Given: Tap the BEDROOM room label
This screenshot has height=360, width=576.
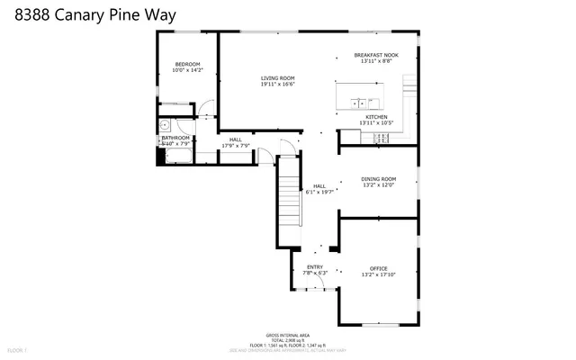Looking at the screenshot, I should pos(187,64).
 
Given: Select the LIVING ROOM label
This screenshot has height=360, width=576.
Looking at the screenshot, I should pos(277,78).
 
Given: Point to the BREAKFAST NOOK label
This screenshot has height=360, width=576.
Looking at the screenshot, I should pos(376,56).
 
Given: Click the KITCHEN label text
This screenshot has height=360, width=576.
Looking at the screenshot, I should pos(376,117).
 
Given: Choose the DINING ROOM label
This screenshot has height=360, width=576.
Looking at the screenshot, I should pos(379,179).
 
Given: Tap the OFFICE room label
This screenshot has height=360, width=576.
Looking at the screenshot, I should pos(378,268).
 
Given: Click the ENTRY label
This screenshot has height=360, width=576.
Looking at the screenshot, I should pos(315,267).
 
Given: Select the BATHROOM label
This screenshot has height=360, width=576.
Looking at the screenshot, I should pos(175,138).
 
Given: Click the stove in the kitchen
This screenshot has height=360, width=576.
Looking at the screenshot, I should pos(380,137).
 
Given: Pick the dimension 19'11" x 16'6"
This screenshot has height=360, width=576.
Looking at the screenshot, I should pos(277,85).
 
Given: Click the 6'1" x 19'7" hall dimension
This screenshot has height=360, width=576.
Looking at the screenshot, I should pos(319,192).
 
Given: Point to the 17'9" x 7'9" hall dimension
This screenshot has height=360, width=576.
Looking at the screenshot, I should pos(235,146).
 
